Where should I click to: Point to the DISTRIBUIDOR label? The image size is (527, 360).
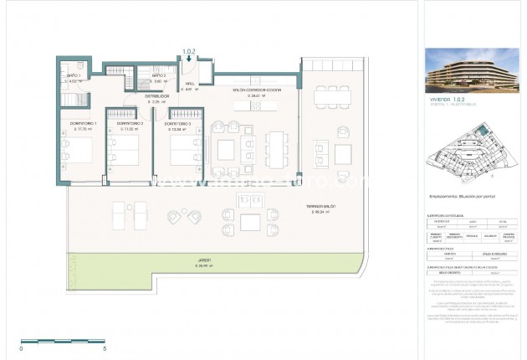[x=130, y=99]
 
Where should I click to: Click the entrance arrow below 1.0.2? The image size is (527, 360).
[x=188, y=59]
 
